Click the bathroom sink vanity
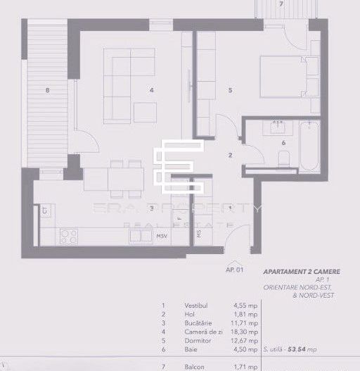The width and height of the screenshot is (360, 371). [275, 127]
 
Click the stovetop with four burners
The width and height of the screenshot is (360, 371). [68, 236]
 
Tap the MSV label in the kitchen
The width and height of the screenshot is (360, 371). [162, 236]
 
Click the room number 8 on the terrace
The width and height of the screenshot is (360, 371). [47, 89]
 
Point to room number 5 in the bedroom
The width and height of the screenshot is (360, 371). [230, 89]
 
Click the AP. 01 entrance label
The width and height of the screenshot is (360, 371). [233, 270]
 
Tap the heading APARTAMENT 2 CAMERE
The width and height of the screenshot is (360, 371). [295, 270]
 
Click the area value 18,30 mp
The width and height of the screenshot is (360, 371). [245, 331]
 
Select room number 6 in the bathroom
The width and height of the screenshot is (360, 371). [283, 142]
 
